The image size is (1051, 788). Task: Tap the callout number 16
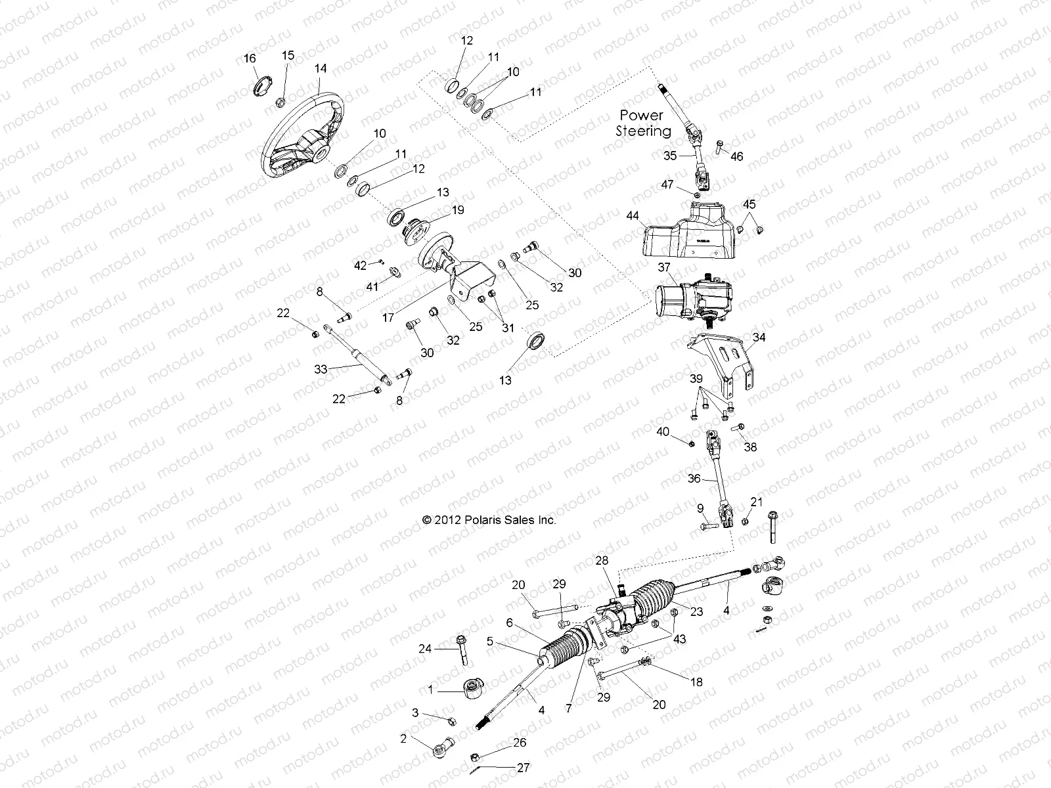250,58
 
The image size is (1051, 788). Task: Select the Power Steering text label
642,123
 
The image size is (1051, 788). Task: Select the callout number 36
694,479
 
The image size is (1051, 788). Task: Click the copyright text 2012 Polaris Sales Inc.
489,519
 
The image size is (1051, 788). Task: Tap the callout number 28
602,560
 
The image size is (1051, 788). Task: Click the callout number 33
321,369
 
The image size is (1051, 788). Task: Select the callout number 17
388,317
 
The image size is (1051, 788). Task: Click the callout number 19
457,210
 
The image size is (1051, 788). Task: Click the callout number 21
757,502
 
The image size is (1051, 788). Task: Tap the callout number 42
360,265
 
